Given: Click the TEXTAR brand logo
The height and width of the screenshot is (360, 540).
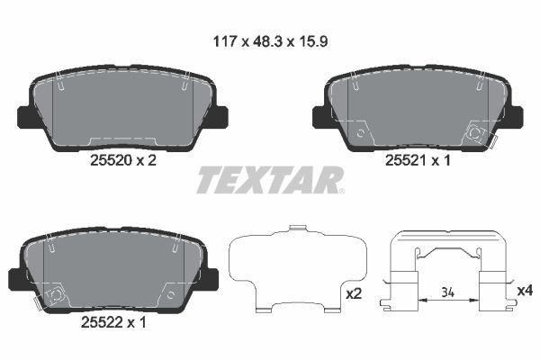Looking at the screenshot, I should coord(269,180).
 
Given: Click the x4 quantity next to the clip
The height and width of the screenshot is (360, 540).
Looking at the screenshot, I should coord(525,290).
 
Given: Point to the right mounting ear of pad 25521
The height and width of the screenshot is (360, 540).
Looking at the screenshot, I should coord(512,116).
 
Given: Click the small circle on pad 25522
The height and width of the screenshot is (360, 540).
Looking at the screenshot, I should coord(55,293).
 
